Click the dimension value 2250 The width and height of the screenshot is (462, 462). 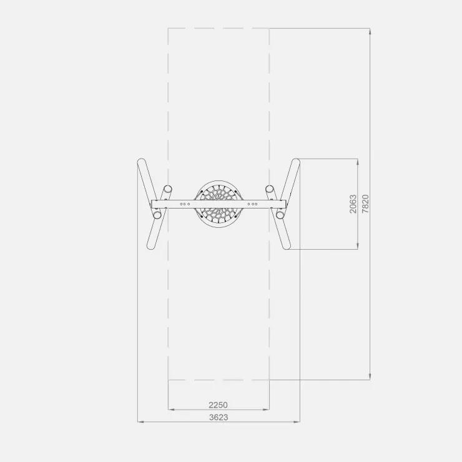pos(218,405)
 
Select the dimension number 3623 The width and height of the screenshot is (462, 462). pos(219,417)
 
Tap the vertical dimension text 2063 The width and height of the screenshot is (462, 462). pos(353,204)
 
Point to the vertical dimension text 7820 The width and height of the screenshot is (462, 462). pos(365,204)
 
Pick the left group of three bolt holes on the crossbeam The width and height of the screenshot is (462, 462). pos(185,204)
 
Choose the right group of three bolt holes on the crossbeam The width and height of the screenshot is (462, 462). pos(252,204)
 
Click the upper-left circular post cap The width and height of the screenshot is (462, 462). pos(168,189)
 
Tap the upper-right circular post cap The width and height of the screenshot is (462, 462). pos(269,189)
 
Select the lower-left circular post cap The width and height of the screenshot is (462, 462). pos(157,215)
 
